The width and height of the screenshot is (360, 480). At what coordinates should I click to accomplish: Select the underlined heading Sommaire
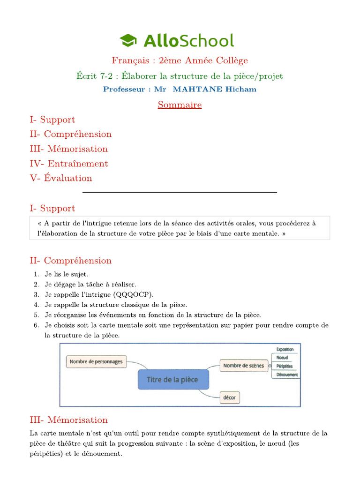click(180, 105)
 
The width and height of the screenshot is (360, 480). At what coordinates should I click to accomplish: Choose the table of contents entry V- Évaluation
click(61, 178)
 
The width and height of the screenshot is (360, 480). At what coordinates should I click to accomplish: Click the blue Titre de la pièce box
click(173, 379)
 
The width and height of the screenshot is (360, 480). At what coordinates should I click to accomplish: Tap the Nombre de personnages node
click(96, 361)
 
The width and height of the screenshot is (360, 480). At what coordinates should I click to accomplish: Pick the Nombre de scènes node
click(243, 365)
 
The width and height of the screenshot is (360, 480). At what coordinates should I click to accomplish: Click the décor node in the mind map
click(230, 398)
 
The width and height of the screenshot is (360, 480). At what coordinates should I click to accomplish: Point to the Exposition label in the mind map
click(285, 349)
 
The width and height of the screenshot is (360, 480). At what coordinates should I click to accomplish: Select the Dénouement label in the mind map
click(287, 375)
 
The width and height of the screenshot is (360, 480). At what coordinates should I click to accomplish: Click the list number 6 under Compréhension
click(36, 325)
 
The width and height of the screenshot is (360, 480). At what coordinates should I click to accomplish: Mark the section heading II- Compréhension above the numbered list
click(71, 261)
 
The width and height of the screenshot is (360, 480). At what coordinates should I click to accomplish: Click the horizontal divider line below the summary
click(180, 192)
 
